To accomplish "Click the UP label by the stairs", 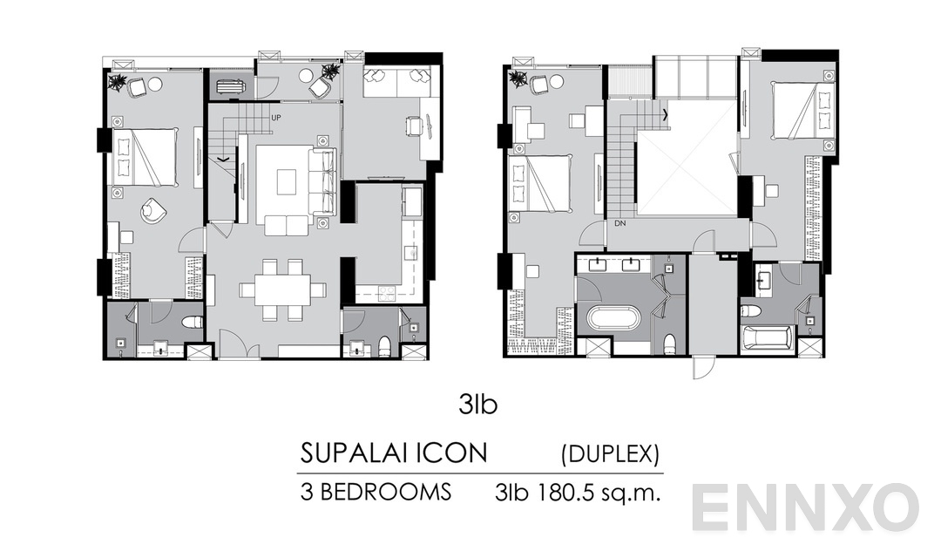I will click(275, 117).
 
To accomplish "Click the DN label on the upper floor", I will click(619, 224).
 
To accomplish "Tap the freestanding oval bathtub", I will click(613, 317).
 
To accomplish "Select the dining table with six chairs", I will click(282, 289).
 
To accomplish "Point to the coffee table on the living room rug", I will click(286, 181).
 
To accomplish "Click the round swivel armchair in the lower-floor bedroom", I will click(154, 209).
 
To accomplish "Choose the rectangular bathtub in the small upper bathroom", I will click(766, 339).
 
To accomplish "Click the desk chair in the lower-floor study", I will click(412, 126).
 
